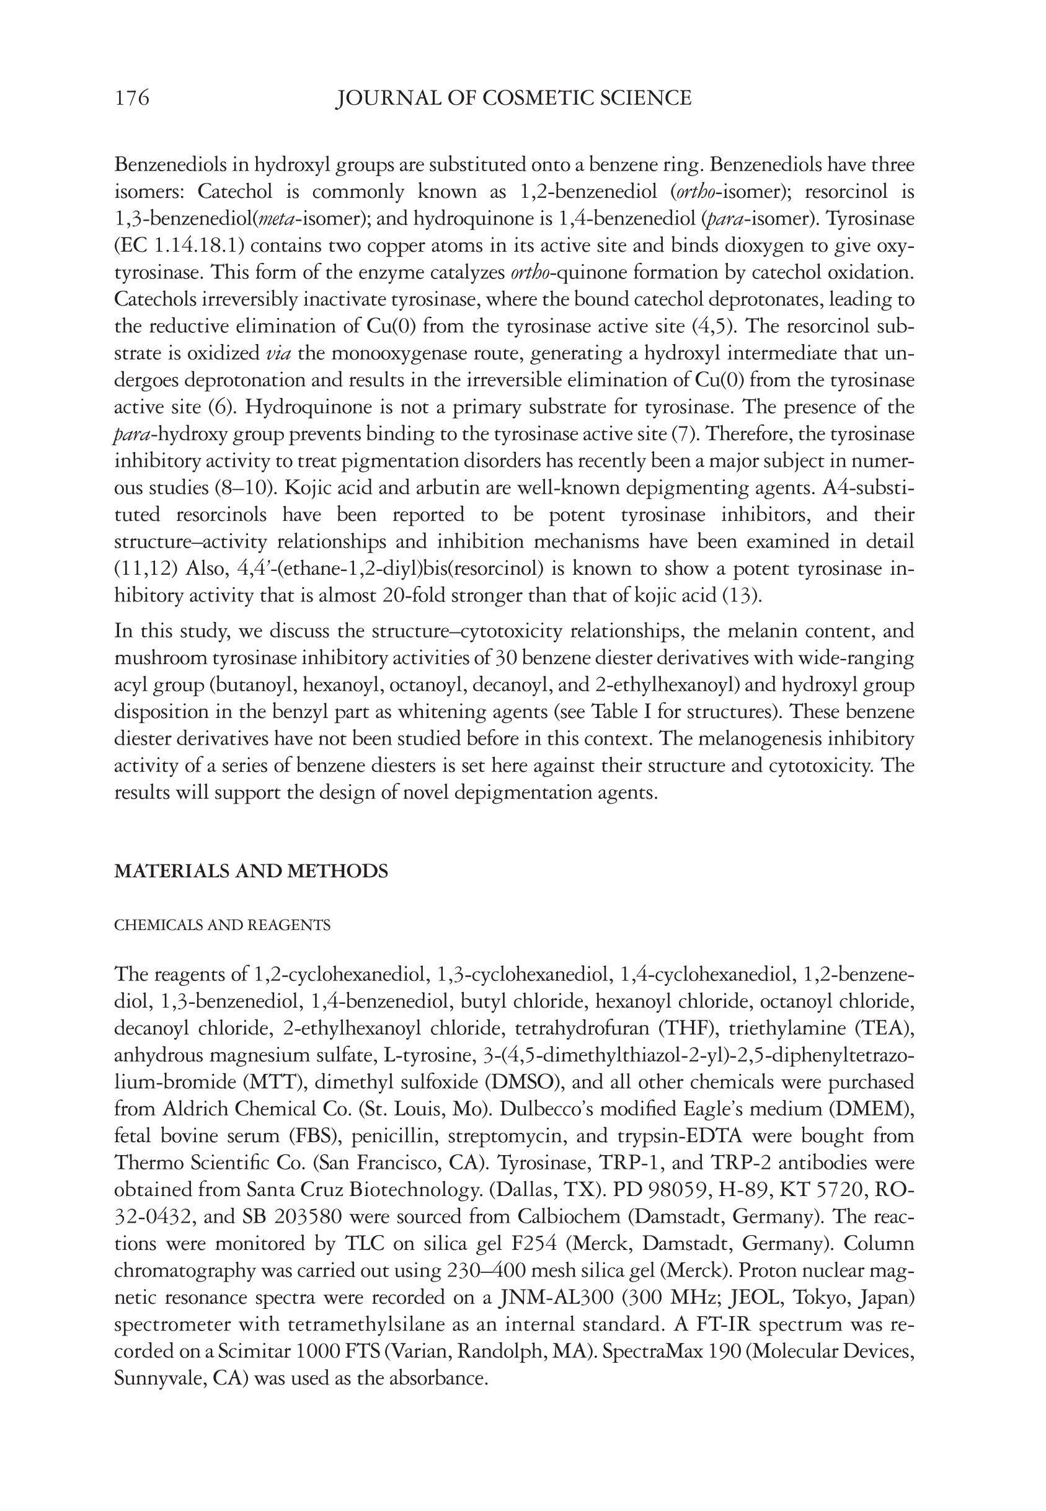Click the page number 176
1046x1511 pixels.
[x=131, y=99]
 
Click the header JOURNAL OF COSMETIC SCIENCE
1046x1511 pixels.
[x=513, y=99]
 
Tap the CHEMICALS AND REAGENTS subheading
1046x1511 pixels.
[x=222, y=925]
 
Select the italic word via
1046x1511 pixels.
[x=278, y=354]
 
